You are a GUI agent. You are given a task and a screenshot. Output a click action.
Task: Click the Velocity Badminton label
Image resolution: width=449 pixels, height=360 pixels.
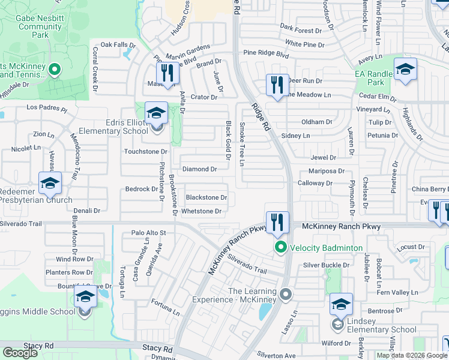[327, 248]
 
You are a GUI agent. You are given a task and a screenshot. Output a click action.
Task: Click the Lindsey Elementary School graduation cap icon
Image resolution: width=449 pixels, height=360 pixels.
[341, 304]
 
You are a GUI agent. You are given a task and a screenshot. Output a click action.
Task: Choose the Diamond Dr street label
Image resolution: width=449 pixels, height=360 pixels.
[199, 170]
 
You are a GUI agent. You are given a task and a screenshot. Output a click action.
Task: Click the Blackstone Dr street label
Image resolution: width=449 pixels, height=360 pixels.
[206, 197]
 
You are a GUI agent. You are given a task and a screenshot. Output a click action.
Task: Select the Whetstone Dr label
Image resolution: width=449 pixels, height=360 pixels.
[201, 211]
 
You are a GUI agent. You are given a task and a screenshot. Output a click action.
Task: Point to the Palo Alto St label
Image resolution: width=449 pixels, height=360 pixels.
[148, 233]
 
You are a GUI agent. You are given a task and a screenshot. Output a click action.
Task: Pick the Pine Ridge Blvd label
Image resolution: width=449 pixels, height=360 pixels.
[266, 54]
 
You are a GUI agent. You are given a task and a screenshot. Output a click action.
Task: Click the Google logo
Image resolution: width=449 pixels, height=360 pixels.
[20, 353]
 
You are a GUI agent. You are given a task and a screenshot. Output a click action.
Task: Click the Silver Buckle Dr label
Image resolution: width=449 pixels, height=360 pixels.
[326, 265]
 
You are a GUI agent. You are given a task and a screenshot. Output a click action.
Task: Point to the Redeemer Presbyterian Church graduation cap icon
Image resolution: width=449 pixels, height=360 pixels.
[50, 183]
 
